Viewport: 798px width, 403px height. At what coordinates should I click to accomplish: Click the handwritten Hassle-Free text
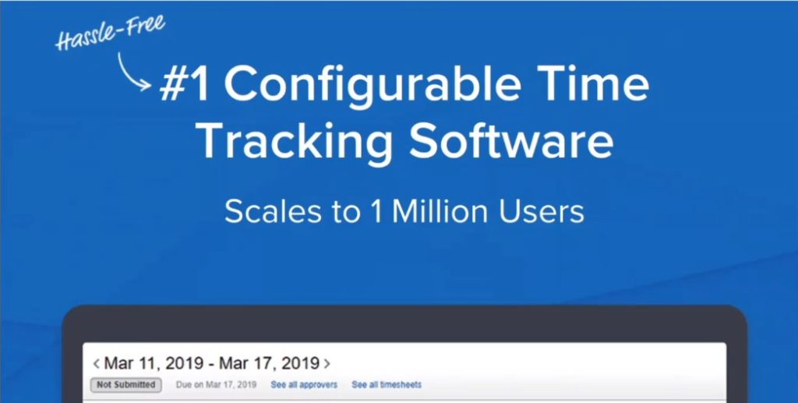click(x=110, y=33)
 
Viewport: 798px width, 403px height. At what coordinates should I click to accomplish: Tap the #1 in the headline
click(x=184, y=84)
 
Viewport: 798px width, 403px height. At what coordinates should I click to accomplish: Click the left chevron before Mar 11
click(x=96, y=364)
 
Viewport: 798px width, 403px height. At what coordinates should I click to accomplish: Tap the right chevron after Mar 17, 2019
click(x=327, y=364)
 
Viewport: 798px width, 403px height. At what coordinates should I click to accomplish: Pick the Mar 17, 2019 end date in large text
click(x=269, y=363)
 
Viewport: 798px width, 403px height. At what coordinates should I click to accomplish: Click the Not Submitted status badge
click(x=126, y=385)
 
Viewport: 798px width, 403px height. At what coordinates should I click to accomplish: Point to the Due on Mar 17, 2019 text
click(x=217, y=385)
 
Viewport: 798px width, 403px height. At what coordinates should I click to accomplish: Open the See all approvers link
click(x=304, y=385)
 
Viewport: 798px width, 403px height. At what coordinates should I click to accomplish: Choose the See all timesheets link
click(x=387, y=385)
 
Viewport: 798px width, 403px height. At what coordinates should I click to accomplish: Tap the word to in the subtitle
click(x=347, y=212)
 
